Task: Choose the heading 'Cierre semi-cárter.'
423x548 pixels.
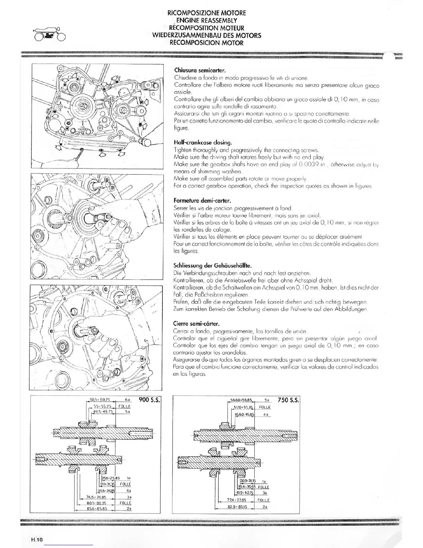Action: tap(196, 324)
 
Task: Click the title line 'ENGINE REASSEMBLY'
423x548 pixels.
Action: tap(207, 20)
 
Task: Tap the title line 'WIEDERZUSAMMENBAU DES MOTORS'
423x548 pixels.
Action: tap(207, 35)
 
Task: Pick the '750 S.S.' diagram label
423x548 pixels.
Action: tap(288, 400)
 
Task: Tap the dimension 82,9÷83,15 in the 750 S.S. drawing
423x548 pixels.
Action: tap(234, 507)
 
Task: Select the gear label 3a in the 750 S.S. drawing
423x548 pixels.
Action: tap(265, 493)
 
